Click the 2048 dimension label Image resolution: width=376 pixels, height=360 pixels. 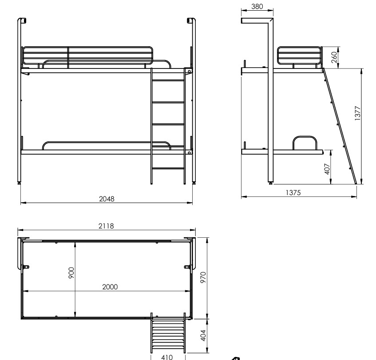(107, 199)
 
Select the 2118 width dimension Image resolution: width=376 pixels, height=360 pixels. (106, 226)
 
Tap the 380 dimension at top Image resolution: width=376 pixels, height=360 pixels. (257, 7)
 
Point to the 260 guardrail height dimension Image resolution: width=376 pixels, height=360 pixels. (334, 57)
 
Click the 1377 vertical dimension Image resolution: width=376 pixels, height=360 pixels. (357, 113)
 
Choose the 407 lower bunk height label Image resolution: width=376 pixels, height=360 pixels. (327, 169)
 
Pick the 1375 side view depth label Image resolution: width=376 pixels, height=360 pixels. (293, 193)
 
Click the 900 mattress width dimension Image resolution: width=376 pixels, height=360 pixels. (71, 273)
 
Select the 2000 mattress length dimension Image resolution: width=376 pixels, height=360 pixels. (110, 287)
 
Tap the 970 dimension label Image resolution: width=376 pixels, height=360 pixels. (203, 277)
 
